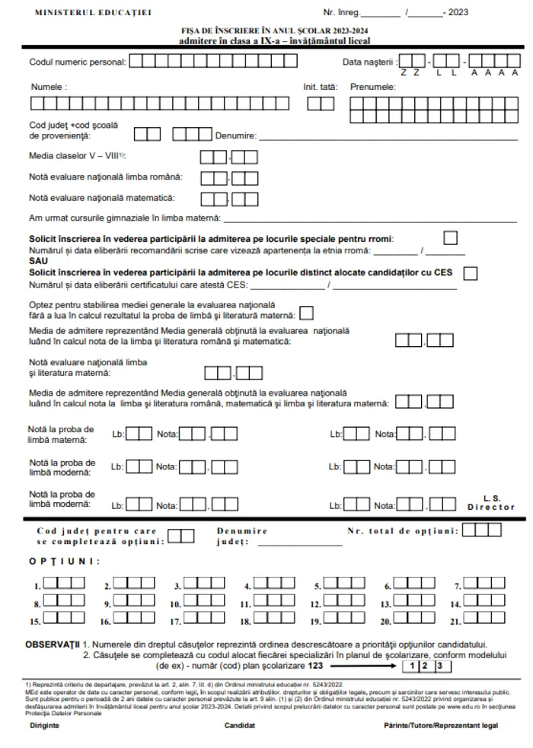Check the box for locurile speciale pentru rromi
[451, 237]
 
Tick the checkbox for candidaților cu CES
[471, 272]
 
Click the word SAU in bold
[37, 260]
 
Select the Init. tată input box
[315, 104]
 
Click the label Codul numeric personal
[77, 61]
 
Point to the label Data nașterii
[369, 61]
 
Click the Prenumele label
[372, 87]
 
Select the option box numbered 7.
[484, 584]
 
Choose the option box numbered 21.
[484, 619]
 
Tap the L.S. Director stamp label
[491, 502]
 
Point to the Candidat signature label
[239, 725]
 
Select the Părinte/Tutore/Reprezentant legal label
[441, 725]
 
